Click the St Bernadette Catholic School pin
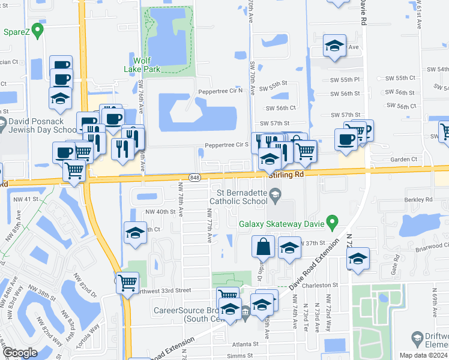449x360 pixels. pos(275,193)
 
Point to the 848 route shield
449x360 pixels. pos(194,177)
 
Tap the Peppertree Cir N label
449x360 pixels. pos(220,91)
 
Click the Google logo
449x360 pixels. pos(19,353)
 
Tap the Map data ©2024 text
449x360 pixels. pos(423,355)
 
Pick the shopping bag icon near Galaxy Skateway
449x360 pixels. pos(263,246)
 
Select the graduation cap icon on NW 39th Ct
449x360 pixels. pos(135,233)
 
